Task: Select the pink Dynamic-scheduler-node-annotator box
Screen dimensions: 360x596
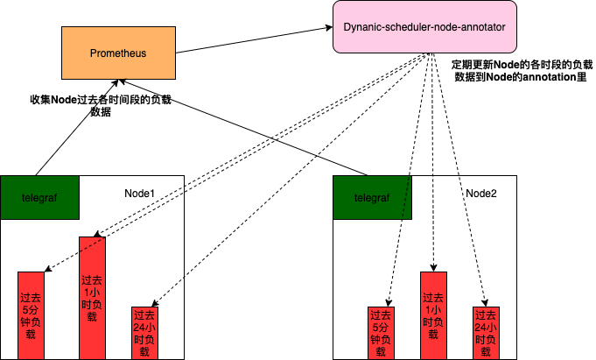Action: (424, 27)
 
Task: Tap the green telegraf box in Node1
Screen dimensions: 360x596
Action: (39, 199)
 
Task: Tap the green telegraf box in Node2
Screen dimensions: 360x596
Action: (372, 199)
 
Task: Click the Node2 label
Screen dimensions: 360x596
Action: (480, 193)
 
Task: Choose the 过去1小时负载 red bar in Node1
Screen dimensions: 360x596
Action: (92, 298)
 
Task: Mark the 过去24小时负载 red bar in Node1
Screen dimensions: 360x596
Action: (144, 333)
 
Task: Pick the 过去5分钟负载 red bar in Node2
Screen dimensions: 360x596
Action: (381, 333)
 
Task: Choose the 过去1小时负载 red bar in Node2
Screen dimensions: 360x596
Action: (433, 315)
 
